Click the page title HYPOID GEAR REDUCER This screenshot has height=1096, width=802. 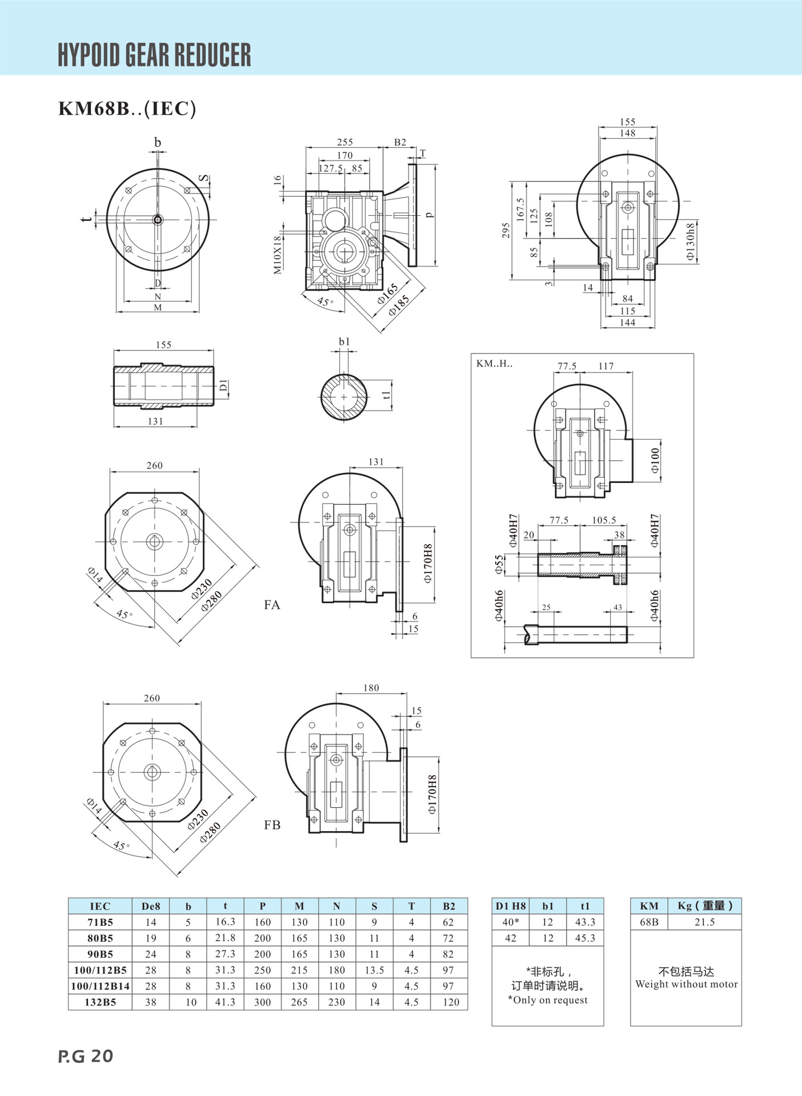[154, 55]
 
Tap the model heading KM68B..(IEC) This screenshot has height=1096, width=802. [127, 108]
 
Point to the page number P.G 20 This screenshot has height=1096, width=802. [86, 1056]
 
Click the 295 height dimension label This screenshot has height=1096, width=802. [506, 231]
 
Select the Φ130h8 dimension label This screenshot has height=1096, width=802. [691, 241]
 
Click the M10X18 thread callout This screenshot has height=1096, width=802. [278, 255]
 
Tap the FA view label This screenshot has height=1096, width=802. [272, 605]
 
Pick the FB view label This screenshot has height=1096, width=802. [272, 825]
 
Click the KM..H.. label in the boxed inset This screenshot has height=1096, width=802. [495, 364]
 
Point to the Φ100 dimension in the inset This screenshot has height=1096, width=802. [655, 460]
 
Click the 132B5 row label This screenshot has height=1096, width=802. [100, 1002]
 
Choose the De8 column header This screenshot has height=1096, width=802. [151, 906]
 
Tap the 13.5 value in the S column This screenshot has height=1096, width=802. [374, 970]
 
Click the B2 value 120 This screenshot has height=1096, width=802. [451, 1002]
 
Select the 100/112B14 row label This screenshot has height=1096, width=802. [100, 986]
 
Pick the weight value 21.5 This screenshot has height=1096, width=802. [704, 922]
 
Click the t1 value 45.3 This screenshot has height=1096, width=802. [585, 938]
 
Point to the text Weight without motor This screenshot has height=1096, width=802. [686, 984]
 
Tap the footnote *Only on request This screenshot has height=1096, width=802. [548, 1000]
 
